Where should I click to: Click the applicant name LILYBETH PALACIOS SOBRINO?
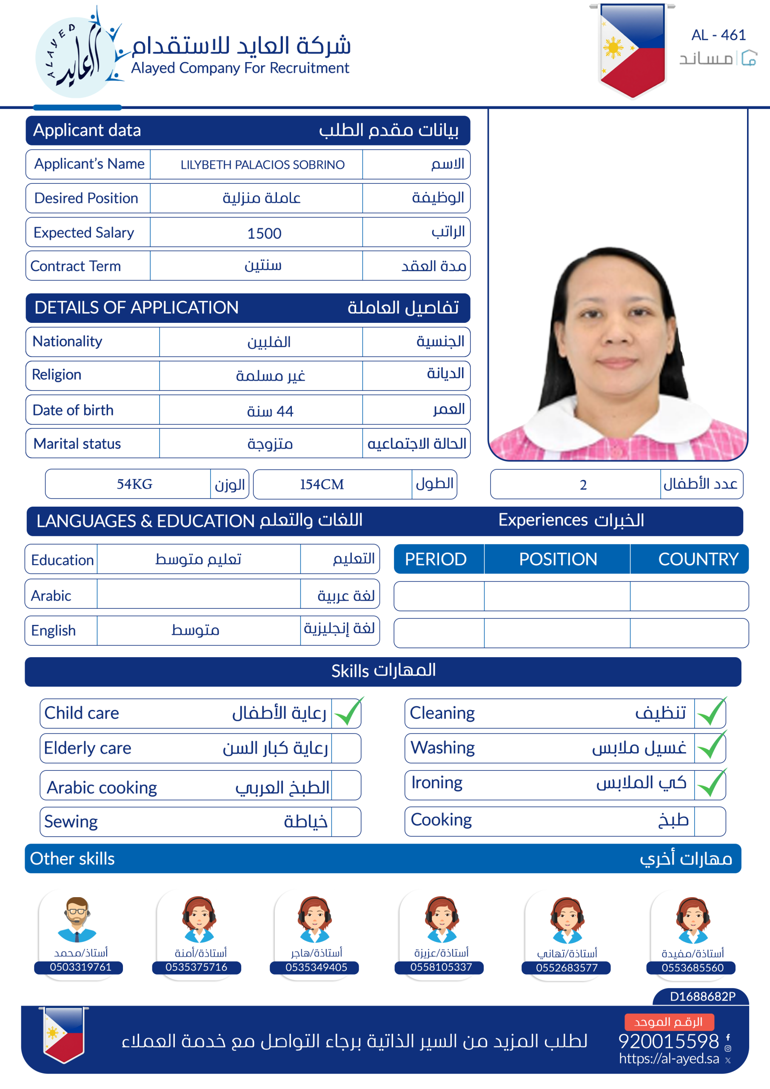(x=262, y=165)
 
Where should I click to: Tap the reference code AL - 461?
(x=718, y=35)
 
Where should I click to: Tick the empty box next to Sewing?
(x=346, y=821)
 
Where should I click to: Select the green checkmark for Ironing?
(x=711, y=783)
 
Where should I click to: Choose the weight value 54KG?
(x=135, y=484)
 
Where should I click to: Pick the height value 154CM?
(x=322, y=484)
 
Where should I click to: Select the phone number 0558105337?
(x=441, y=967)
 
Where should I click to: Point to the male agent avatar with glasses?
(x=77, y=919)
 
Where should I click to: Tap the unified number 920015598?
(x=668, y=1041)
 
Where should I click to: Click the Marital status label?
(x=77, y=444)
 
